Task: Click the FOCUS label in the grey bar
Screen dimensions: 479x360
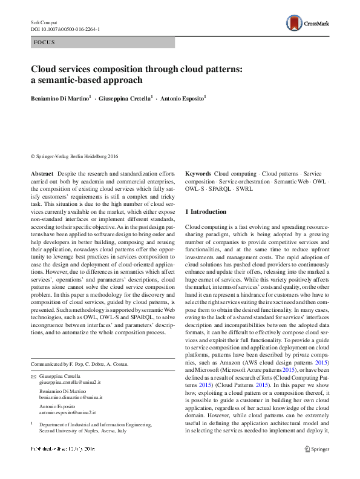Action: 44,42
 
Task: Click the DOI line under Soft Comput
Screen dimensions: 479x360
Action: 65,28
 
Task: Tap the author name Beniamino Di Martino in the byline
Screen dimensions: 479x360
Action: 60,97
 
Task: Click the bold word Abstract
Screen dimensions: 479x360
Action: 42,173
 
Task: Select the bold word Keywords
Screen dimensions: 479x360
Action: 198,173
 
